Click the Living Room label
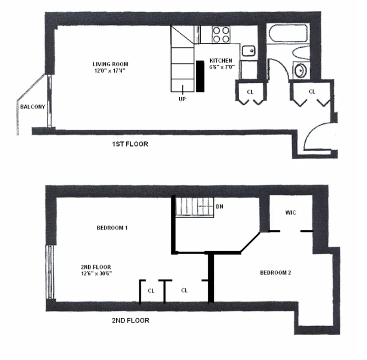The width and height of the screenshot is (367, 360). pos(110,64)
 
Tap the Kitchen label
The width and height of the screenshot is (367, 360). pos(221,60)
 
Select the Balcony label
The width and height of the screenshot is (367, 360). pos(32,107)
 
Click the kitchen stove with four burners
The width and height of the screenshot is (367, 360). pos(221,35)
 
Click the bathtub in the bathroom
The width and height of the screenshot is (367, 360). pos(288,33)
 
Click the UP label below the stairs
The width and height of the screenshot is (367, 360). pos(182,99)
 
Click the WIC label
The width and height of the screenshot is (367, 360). pos(290,212)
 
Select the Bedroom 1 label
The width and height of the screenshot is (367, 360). pos(112,228)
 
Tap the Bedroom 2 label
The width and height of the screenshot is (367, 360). pos(276,273)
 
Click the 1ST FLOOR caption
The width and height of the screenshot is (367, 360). pos(130,144)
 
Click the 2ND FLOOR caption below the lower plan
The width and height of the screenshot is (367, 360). pos(130,321)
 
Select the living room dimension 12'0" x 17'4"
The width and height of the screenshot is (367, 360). pos(110,70)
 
